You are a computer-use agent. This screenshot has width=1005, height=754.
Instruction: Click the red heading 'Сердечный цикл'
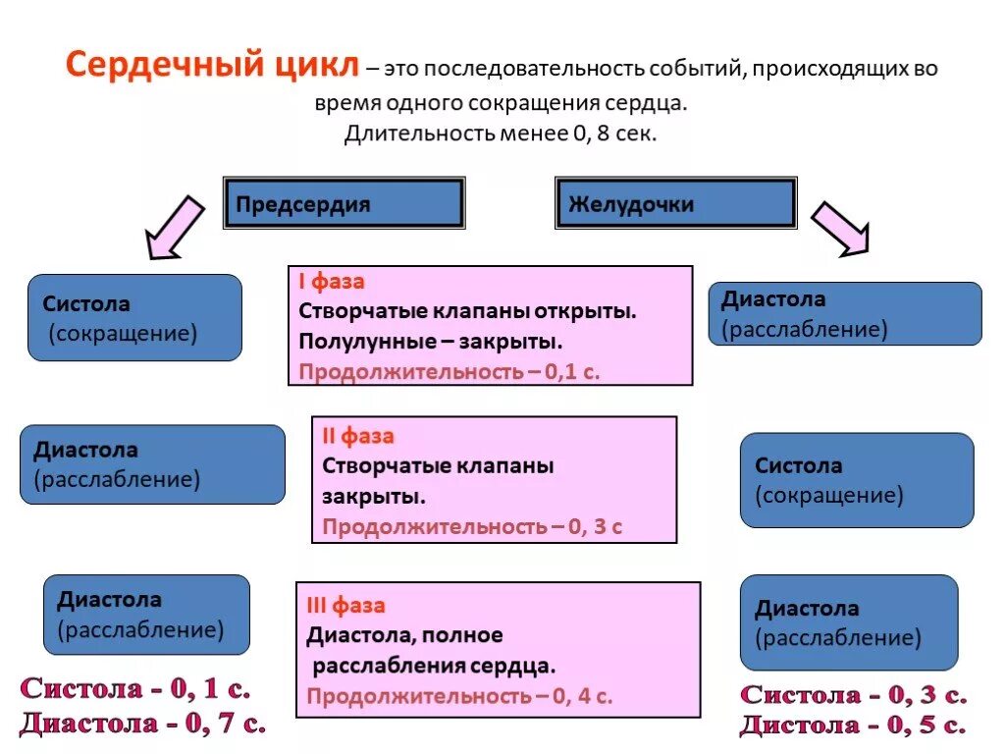coord(213,67)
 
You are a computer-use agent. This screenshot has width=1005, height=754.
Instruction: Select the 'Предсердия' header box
coord(344,204)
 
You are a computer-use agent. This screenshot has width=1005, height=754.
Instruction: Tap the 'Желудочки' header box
coord(675,204)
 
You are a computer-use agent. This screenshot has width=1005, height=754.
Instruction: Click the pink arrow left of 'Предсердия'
coord(175,228)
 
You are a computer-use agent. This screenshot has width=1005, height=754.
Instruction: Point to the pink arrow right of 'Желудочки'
coord(840,228)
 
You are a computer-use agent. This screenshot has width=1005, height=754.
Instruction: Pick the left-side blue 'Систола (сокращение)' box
coord(134,318)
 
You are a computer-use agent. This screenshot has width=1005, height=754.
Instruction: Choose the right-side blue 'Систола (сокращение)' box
coord(856,480)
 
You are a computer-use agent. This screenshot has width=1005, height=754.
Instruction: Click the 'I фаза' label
coord(332,282)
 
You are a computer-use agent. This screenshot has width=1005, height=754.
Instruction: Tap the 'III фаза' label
coord(345,606)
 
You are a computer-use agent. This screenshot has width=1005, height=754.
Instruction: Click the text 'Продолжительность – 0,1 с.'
coord(449,372)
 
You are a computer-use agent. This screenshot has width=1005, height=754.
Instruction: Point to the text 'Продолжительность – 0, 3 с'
coord(472,526)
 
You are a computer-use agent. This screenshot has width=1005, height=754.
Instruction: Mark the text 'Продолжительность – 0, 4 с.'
coord(459,696)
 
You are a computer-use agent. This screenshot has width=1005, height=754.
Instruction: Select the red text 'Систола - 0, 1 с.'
coord(135,689)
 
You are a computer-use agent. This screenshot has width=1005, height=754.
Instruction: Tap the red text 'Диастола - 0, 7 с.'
coord(142,724)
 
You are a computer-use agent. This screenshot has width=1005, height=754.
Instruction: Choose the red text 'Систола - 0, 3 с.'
coord(853,695)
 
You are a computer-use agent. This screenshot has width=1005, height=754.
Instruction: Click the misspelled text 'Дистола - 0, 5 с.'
coord(853,726)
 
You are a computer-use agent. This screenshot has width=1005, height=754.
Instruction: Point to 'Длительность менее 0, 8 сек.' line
coord(501,133)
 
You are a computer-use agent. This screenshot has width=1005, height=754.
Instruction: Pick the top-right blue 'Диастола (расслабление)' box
coord(844,314)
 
